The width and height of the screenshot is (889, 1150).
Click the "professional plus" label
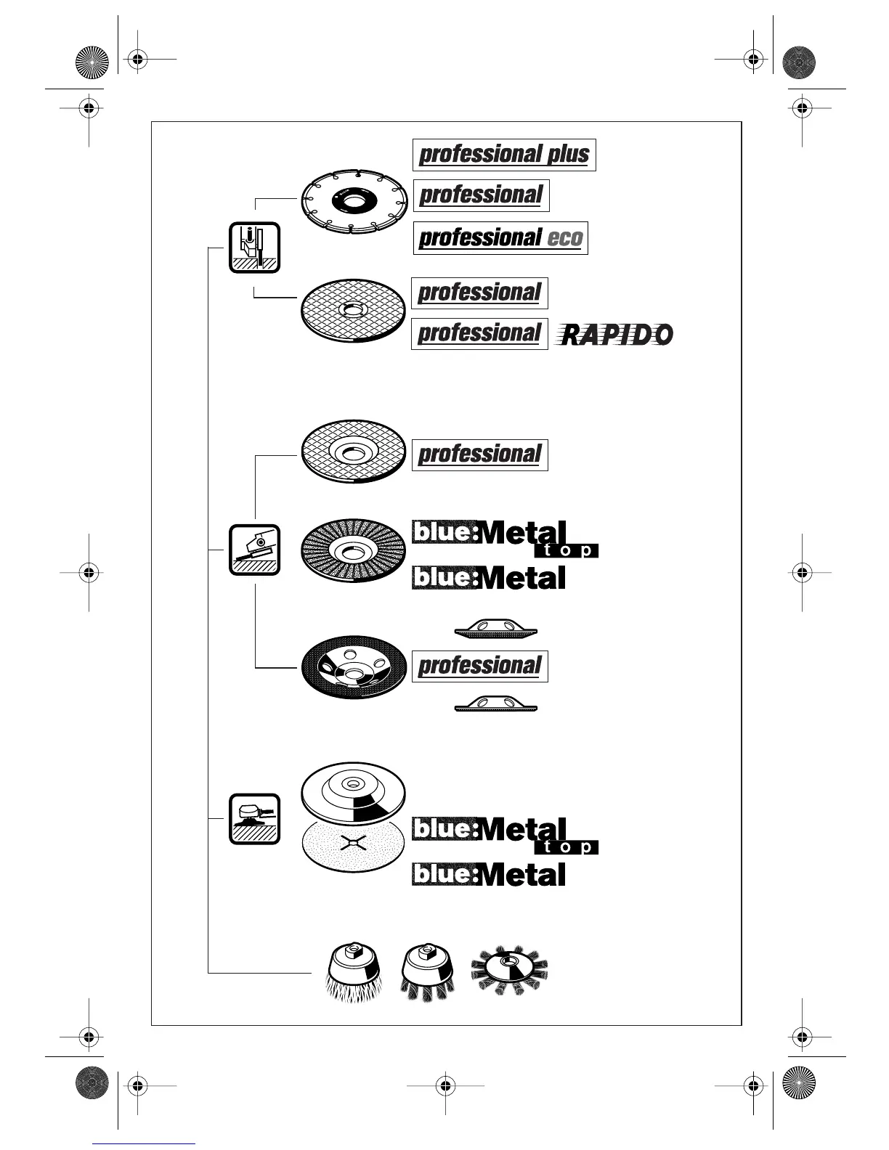click(x=504, y=155)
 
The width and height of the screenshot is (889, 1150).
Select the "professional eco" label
click(x=500, y=238)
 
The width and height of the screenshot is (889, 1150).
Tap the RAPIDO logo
click(x=614, y=335)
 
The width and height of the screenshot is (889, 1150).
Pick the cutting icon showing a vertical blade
click(x=254, y=248)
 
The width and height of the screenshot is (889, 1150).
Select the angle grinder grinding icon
click(x=254, y=550)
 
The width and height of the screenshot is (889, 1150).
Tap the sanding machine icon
click(x=254, y=819)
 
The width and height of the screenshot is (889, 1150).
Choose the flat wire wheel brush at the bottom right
click(x=508, y=969)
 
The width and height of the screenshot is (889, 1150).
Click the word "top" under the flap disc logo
click(x=567, y=550)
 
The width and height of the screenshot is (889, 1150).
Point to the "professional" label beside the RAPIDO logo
click(x=479, y=334)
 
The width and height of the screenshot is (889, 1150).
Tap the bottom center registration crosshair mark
click(x=445, y=1085)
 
